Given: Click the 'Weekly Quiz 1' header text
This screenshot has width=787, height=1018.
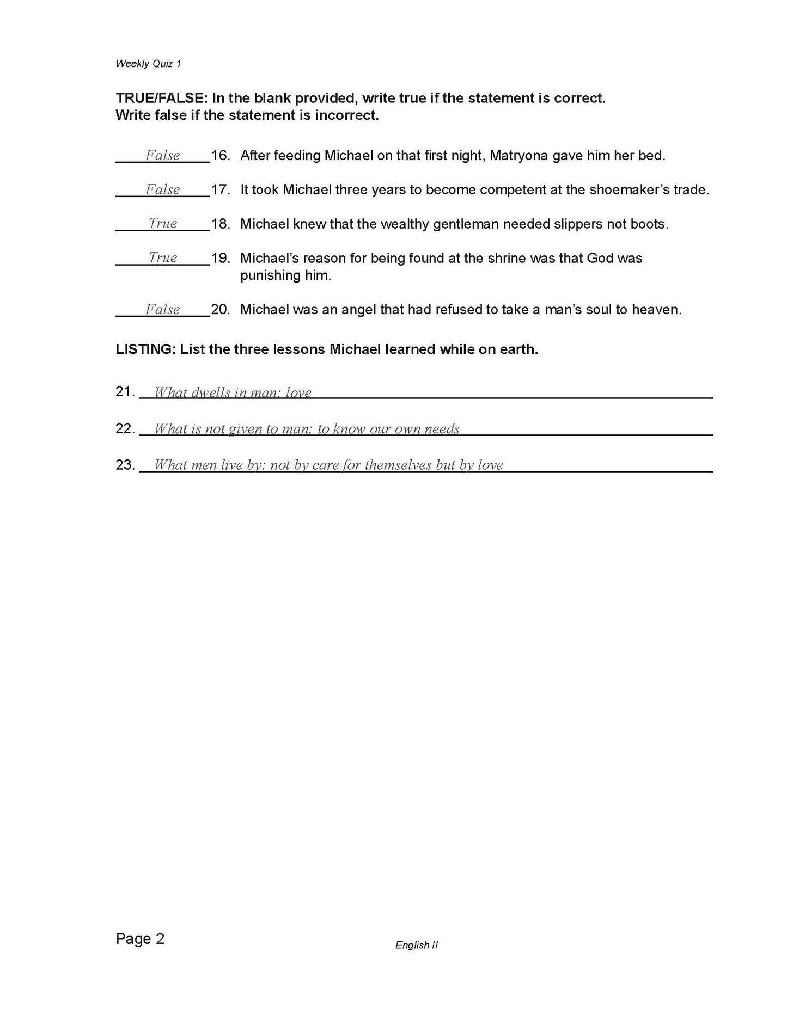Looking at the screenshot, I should (x=148, y=64).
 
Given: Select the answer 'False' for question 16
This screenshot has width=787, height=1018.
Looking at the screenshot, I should (x=162, y=156).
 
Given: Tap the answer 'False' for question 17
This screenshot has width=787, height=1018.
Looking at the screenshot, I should (x=162, y=190).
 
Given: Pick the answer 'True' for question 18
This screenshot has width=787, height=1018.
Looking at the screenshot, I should (x=163, y=224).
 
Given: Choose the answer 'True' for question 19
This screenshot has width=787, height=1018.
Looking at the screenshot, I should (x=163, y=258).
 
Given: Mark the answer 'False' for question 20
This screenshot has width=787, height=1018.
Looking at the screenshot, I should (x=162, y=310).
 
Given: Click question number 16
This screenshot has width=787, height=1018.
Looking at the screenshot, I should (x=220, y=156).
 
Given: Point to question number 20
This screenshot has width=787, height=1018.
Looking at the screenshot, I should (x=220, y=310).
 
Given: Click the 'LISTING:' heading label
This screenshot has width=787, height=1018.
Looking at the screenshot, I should (x=145, y=349).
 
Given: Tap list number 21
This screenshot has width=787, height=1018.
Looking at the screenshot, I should (x=125, y=392).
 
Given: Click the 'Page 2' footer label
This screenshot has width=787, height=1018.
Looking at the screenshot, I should (x=140, y=939).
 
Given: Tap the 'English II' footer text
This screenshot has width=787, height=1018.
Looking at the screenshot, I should (x=417, y=945).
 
